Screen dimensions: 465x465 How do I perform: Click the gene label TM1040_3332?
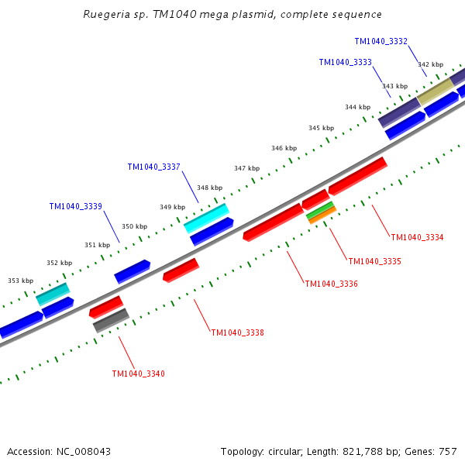point(381,42)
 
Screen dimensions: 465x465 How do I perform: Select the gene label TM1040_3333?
point(345,62)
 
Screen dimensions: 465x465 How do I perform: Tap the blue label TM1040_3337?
point(154,167)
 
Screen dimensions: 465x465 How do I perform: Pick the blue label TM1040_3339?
point(76,206)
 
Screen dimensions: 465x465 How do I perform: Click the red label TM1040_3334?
point(417,238)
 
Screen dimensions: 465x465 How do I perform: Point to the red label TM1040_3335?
point(374,262)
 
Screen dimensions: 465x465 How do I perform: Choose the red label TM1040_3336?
point(331,284)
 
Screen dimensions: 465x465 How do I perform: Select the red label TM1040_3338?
point(238,332)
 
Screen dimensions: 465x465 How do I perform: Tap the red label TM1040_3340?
point(139,374)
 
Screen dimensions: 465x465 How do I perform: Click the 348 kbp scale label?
point(210,188)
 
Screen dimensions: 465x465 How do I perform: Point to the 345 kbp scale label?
point(321,128)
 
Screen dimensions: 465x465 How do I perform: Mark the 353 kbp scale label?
point(21,281)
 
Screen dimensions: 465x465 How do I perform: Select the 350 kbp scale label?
point(135,226)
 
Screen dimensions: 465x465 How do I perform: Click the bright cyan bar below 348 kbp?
point(206,219)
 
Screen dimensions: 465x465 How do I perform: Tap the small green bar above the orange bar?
point(320,210)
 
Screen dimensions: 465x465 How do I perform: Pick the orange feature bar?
point(322,215)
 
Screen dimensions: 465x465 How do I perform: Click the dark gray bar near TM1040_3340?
point(111,320)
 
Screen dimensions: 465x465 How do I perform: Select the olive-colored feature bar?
point(436,91)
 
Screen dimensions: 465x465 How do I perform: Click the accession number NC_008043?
point(84,452)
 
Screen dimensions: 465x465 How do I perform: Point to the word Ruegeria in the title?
point(106,15)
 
